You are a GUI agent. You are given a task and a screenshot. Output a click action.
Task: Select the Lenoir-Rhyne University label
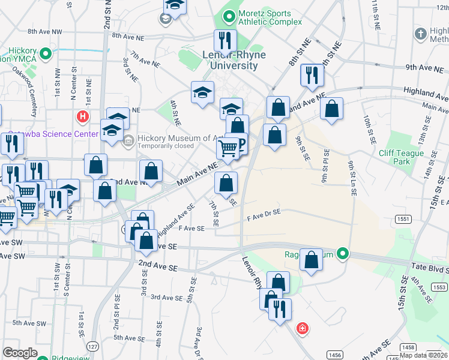[x=238, y=61]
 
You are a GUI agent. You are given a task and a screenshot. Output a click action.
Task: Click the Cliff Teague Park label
[x=401, y=157]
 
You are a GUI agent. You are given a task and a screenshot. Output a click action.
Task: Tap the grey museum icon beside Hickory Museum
[x=128, y=142]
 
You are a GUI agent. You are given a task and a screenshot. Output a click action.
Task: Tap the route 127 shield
[x=92, y=347]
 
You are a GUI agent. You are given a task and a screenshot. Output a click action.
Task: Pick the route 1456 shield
[x=334, y=355]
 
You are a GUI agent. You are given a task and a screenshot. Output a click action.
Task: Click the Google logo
[x=20, y=353]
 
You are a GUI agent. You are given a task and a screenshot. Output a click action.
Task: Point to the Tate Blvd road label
[x=430, y=266]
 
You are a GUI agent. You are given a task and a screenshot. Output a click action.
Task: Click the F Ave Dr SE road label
[x=264, y=212]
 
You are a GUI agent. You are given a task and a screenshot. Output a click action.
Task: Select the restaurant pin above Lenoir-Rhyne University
[x=225, y=41]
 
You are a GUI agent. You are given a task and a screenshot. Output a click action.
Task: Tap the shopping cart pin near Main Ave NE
[x=228, y=148]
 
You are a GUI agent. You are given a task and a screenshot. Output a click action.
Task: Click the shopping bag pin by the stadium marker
[x=311, y=260]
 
